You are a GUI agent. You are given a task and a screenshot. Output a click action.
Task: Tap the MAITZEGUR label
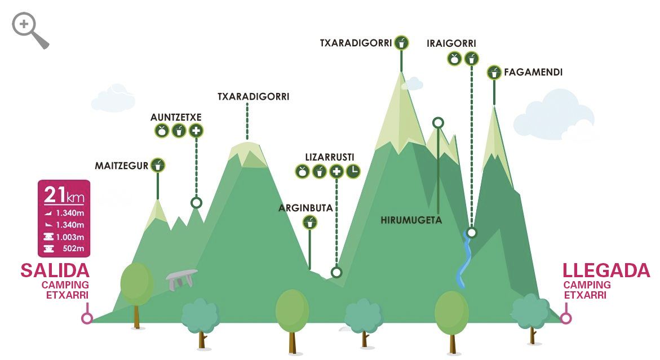click(121, 166)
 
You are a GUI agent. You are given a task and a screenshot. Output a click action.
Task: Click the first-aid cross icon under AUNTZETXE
click(196, 131)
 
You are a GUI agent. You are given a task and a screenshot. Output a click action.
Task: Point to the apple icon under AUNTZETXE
click(162, 131)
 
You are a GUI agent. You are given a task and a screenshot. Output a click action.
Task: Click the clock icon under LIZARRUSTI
click(353, 171)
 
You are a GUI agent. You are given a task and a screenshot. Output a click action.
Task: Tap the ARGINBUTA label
click(305, 208)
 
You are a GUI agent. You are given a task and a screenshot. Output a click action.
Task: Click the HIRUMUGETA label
click(411, 220)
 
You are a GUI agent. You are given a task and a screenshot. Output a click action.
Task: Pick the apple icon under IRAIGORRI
click(454, 58)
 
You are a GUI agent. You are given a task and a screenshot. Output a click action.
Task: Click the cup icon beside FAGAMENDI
click(494, 73)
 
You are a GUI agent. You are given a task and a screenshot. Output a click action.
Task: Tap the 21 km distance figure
click(64, 195)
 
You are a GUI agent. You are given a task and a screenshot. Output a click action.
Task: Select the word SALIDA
click(55, 270)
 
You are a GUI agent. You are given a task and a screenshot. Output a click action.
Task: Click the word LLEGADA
click(606, 271)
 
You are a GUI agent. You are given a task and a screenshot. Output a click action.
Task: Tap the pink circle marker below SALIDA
click(87, 318)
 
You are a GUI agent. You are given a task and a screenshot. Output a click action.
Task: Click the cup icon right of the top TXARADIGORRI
click(401, 43)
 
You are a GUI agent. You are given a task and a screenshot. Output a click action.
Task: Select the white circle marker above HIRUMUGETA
click(438, 122)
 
